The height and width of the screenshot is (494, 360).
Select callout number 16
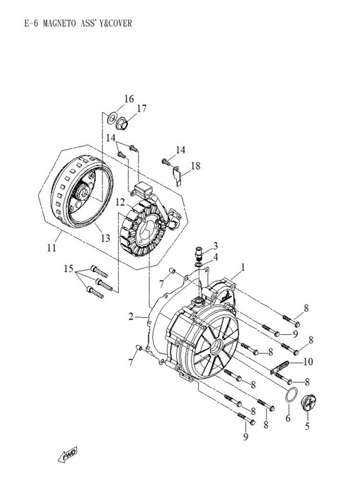[129, 98]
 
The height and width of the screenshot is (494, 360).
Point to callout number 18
[195, 165]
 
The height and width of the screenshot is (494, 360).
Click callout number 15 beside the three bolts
[68, 269]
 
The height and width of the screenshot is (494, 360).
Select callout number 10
[308, 362]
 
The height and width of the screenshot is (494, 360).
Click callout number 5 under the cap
[307, 426]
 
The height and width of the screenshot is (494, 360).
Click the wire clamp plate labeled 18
[180, 172]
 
